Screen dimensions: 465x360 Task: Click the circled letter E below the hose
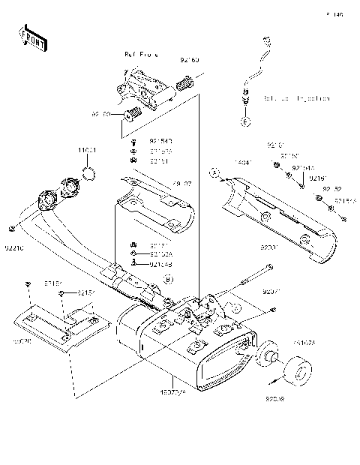point(244,120)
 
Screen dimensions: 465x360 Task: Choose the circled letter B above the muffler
point(168,278)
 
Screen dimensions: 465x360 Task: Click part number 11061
point(86,151)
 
